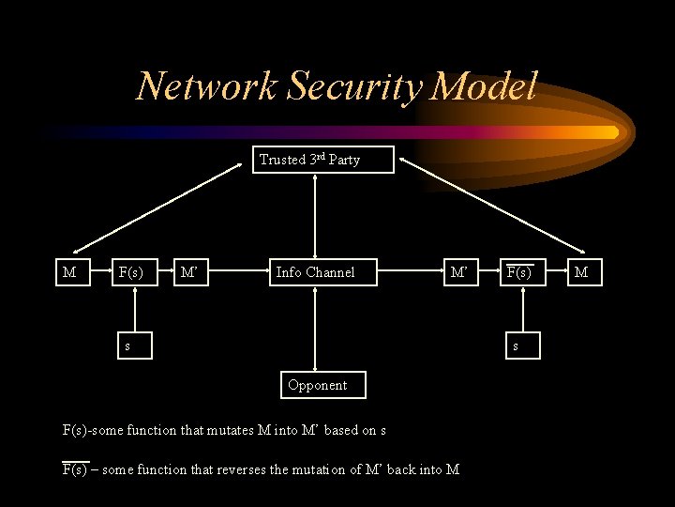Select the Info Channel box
coord(316,272)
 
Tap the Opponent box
coord(318,385)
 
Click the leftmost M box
coord(69,272)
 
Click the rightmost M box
coord(582,272)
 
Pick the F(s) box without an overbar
coord(131,272)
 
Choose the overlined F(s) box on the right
coord(521,272)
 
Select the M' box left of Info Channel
coord(190,272)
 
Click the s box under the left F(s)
coord(128,346)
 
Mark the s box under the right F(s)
coord(513,346)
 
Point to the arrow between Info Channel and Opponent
coord(317,329)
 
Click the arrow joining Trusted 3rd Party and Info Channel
coord(316,216)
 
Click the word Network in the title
coord(206,86)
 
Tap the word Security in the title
coord(346,86)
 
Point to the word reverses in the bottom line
coord(243,469)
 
